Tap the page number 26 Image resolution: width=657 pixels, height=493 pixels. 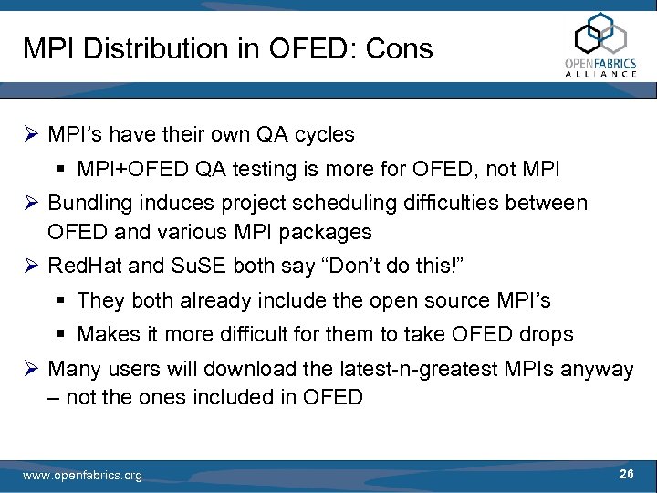click(627, 473)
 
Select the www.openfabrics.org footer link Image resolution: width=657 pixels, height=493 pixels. click(82, 476)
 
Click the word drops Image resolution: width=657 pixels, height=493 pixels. click(547, 334)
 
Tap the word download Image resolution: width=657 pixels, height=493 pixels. click(251, 369)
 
